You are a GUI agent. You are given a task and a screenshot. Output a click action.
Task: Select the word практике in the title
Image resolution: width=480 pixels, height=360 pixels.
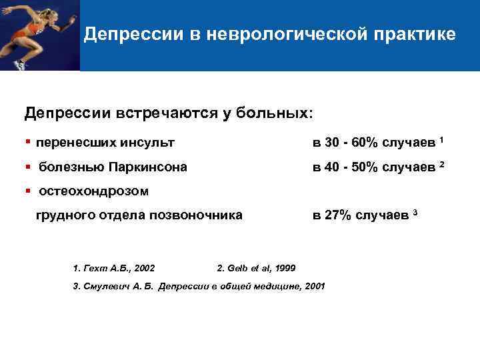pos(418,35)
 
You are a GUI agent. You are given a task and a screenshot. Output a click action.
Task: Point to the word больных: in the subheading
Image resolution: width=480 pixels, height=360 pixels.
pos(272,111)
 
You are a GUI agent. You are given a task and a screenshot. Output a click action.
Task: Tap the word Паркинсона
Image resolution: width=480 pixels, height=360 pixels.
pos(149,166)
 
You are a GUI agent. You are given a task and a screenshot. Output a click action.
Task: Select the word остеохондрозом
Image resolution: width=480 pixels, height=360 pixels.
pos(93,191)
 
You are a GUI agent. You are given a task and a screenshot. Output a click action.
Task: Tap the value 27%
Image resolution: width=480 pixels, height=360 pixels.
pos(337,215)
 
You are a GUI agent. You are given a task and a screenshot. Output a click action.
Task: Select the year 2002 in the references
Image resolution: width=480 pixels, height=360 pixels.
pos(145,268)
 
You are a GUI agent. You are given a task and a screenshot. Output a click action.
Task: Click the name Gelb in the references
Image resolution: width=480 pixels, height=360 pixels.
pos(239,268)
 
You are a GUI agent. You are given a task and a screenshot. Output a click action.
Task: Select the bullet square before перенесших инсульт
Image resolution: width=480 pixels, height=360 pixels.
pos(27,142)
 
